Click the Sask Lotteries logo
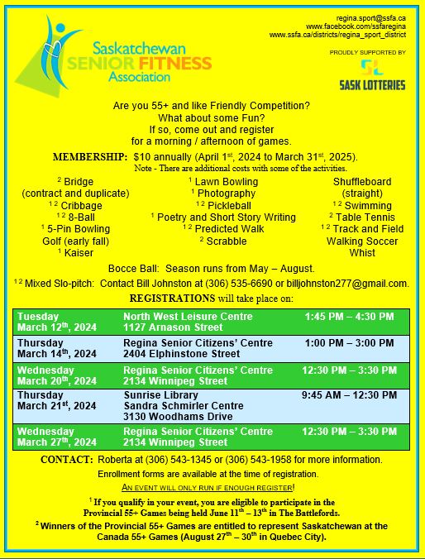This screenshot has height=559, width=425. coord(372,73)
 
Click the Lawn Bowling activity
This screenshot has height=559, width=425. coord(223,181)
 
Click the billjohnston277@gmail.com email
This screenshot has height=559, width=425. coord(345,284)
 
